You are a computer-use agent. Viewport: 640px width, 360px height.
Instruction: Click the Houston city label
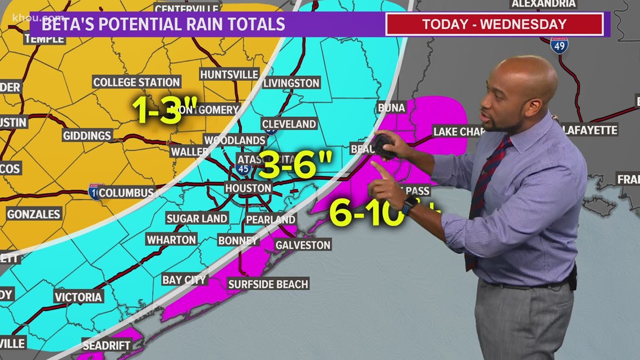click(x=248, y=188)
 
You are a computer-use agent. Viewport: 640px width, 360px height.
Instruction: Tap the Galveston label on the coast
click(x=303, y=245)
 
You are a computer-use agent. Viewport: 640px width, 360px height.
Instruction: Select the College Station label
click(x=136, y=82)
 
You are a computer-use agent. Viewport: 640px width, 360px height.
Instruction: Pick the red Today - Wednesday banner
click(x=494, y=24)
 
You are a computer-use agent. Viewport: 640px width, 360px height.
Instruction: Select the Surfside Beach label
click(x=268, y=284)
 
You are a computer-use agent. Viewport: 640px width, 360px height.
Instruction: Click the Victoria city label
click(x=79, y=297)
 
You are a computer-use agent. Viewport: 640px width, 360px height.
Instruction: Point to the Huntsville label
click(x=229, y=74)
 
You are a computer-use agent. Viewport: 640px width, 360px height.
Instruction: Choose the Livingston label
click(x=291, y=83)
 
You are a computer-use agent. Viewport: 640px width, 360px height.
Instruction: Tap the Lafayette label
click(x=589, y=130)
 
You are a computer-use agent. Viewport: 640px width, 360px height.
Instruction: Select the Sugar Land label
click(x=196, y=218)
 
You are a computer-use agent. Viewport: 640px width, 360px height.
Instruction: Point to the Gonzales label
click(x=34, y=214)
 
